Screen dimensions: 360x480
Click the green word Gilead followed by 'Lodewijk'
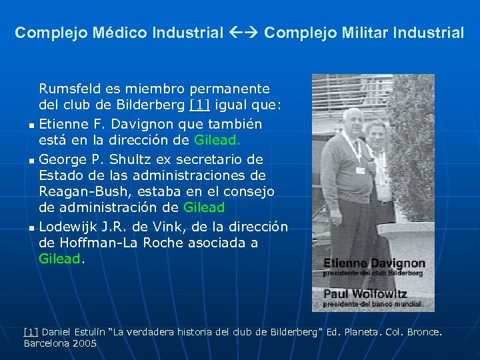[x=204, y=208]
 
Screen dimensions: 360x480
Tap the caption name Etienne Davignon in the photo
[x=374, y=263]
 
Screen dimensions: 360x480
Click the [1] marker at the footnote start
[x=30, y=331]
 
